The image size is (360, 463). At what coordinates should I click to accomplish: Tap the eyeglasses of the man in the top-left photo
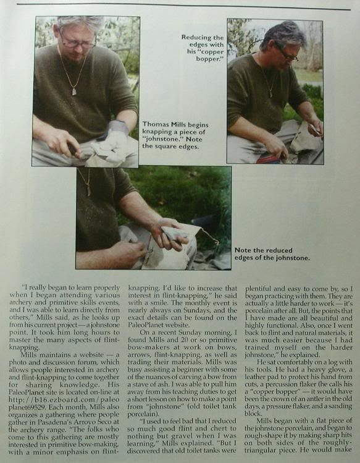point(78,42)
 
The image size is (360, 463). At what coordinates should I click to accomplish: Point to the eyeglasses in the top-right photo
point(287,53)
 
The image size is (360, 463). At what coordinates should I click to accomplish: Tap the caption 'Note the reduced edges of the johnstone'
point(272,254)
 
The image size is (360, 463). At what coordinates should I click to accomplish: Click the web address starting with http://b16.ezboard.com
point(64,403)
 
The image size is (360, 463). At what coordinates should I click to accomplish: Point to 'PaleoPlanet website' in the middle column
point(158,325)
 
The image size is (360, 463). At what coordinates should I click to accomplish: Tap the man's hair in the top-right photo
point(284,36)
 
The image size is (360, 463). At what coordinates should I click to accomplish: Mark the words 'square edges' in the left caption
point(181,147)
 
